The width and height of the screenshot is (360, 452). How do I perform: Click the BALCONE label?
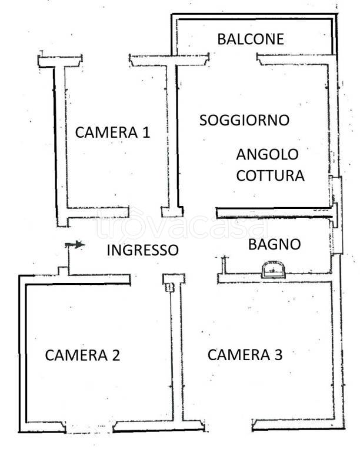point(251,39)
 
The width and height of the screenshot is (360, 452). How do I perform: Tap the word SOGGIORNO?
point(244,120)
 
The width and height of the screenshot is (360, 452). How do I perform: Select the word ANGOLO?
point(267,155)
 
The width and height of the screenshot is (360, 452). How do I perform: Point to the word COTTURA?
point(270,175)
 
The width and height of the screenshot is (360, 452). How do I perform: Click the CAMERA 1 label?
point(112,132)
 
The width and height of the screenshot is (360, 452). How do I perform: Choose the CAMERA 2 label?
point(83,355)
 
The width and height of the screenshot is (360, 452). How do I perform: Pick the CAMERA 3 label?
point(245,354)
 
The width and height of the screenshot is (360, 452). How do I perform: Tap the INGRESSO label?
point(142,250)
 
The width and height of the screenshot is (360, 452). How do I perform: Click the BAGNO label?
point(274,244)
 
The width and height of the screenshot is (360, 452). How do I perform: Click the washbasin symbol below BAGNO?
point(272,269)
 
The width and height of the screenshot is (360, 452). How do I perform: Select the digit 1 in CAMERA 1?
point(145,132)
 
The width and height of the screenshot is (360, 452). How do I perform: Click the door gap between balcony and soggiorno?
point(233,57)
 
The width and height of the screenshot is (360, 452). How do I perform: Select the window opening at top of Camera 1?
point(105,59)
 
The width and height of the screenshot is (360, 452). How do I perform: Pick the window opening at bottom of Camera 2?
point(88,426)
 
